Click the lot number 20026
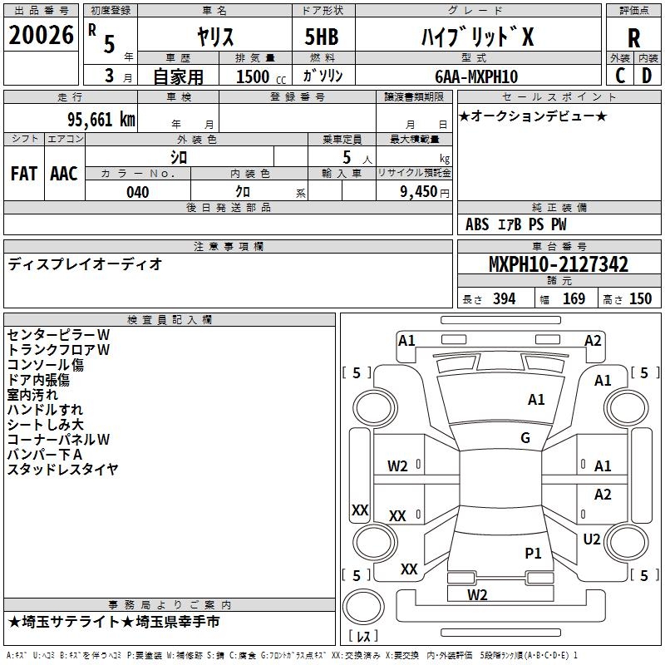pos(41,36)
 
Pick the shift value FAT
pos(23,173)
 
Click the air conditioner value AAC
pos(64,173)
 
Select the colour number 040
pos(137,192)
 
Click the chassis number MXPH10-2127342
pos(558,265)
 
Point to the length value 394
pos(503,299)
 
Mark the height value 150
pos(640,299)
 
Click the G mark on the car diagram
pos(525,437)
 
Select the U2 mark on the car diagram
pos(592,539)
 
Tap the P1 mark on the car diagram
pos(533,553)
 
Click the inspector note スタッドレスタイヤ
pos(62,470)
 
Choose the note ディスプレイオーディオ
pos(85,264)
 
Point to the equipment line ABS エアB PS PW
pos(515,224)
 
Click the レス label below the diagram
pos(365,637)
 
